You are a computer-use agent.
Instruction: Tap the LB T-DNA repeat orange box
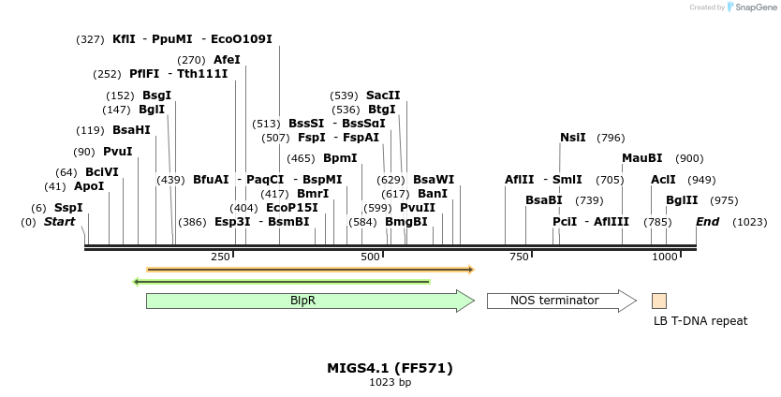(x=659, y=301)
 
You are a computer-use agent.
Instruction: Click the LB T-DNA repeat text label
(x=700, y=321)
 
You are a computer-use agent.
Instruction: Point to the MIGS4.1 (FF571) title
(x=390, y=368)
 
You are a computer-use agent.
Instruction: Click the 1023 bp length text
(x=390, y=383)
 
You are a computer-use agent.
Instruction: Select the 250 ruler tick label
(x=221, y=257)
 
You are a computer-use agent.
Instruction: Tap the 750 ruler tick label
(x=519, y=257)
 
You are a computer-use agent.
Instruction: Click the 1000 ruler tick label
(x=665, y=257)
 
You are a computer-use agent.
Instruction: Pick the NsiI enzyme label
(x=572, y=138)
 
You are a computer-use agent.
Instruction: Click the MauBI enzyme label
(x=641, y=158)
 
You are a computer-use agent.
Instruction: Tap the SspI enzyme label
(x=68, y=208)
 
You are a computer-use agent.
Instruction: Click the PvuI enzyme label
(x=117, y=152)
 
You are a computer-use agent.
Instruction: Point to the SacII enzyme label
(x=383, y=96)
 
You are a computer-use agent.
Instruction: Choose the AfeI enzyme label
(x=227, y=60)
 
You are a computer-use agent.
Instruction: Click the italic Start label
(x=59, y=222)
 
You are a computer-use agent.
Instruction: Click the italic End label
(x=707, y=222)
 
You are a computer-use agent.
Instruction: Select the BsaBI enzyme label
(x=543, y=200)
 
